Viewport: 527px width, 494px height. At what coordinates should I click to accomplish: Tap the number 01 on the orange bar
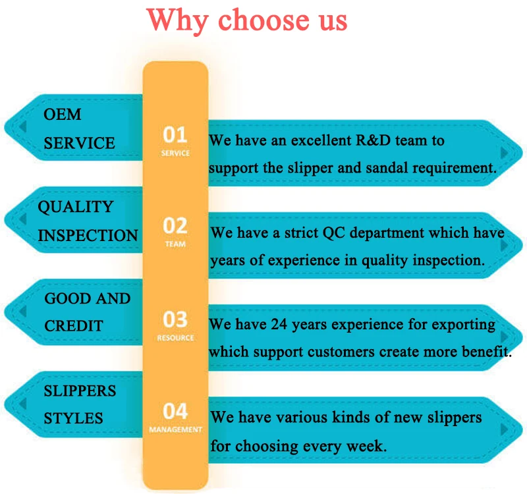click(x=175, y=135)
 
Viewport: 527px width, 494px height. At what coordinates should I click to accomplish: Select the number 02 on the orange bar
click(x=175, y=227)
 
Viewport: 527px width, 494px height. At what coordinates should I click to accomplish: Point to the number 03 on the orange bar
click(x=175, y=319)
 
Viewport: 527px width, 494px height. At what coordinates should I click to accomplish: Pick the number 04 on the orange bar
click(x=175, y=412)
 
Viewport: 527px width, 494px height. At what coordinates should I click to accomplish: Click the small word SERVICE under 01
click(x=175, y=153)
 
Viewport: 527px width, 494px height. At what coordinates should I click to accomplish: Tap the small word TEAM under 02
click(x=175, y=244)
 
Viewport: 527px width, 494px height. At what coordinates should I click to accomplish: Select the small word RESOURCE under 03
click(x=175, y=338)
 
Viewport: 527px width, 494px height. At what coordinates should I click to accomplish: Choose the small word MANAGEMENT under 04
click(x=175, y=430)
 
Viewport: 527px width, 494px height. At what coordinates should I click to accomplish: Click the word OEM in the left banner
click(x=63, y=115)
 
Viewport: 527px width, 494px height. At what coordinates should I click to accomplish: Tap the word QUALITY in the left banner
click(x=75, y=207)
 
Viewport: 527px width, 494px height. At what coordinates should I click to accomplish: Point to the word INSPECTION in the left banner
click(x=88, y=235)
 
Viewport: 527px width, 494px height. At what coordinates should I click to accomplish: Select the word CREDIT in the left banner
click(x=73, y=326)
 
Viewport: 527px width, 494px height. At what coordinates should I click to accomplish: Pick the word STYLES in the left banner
click(x=73, y=418)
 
